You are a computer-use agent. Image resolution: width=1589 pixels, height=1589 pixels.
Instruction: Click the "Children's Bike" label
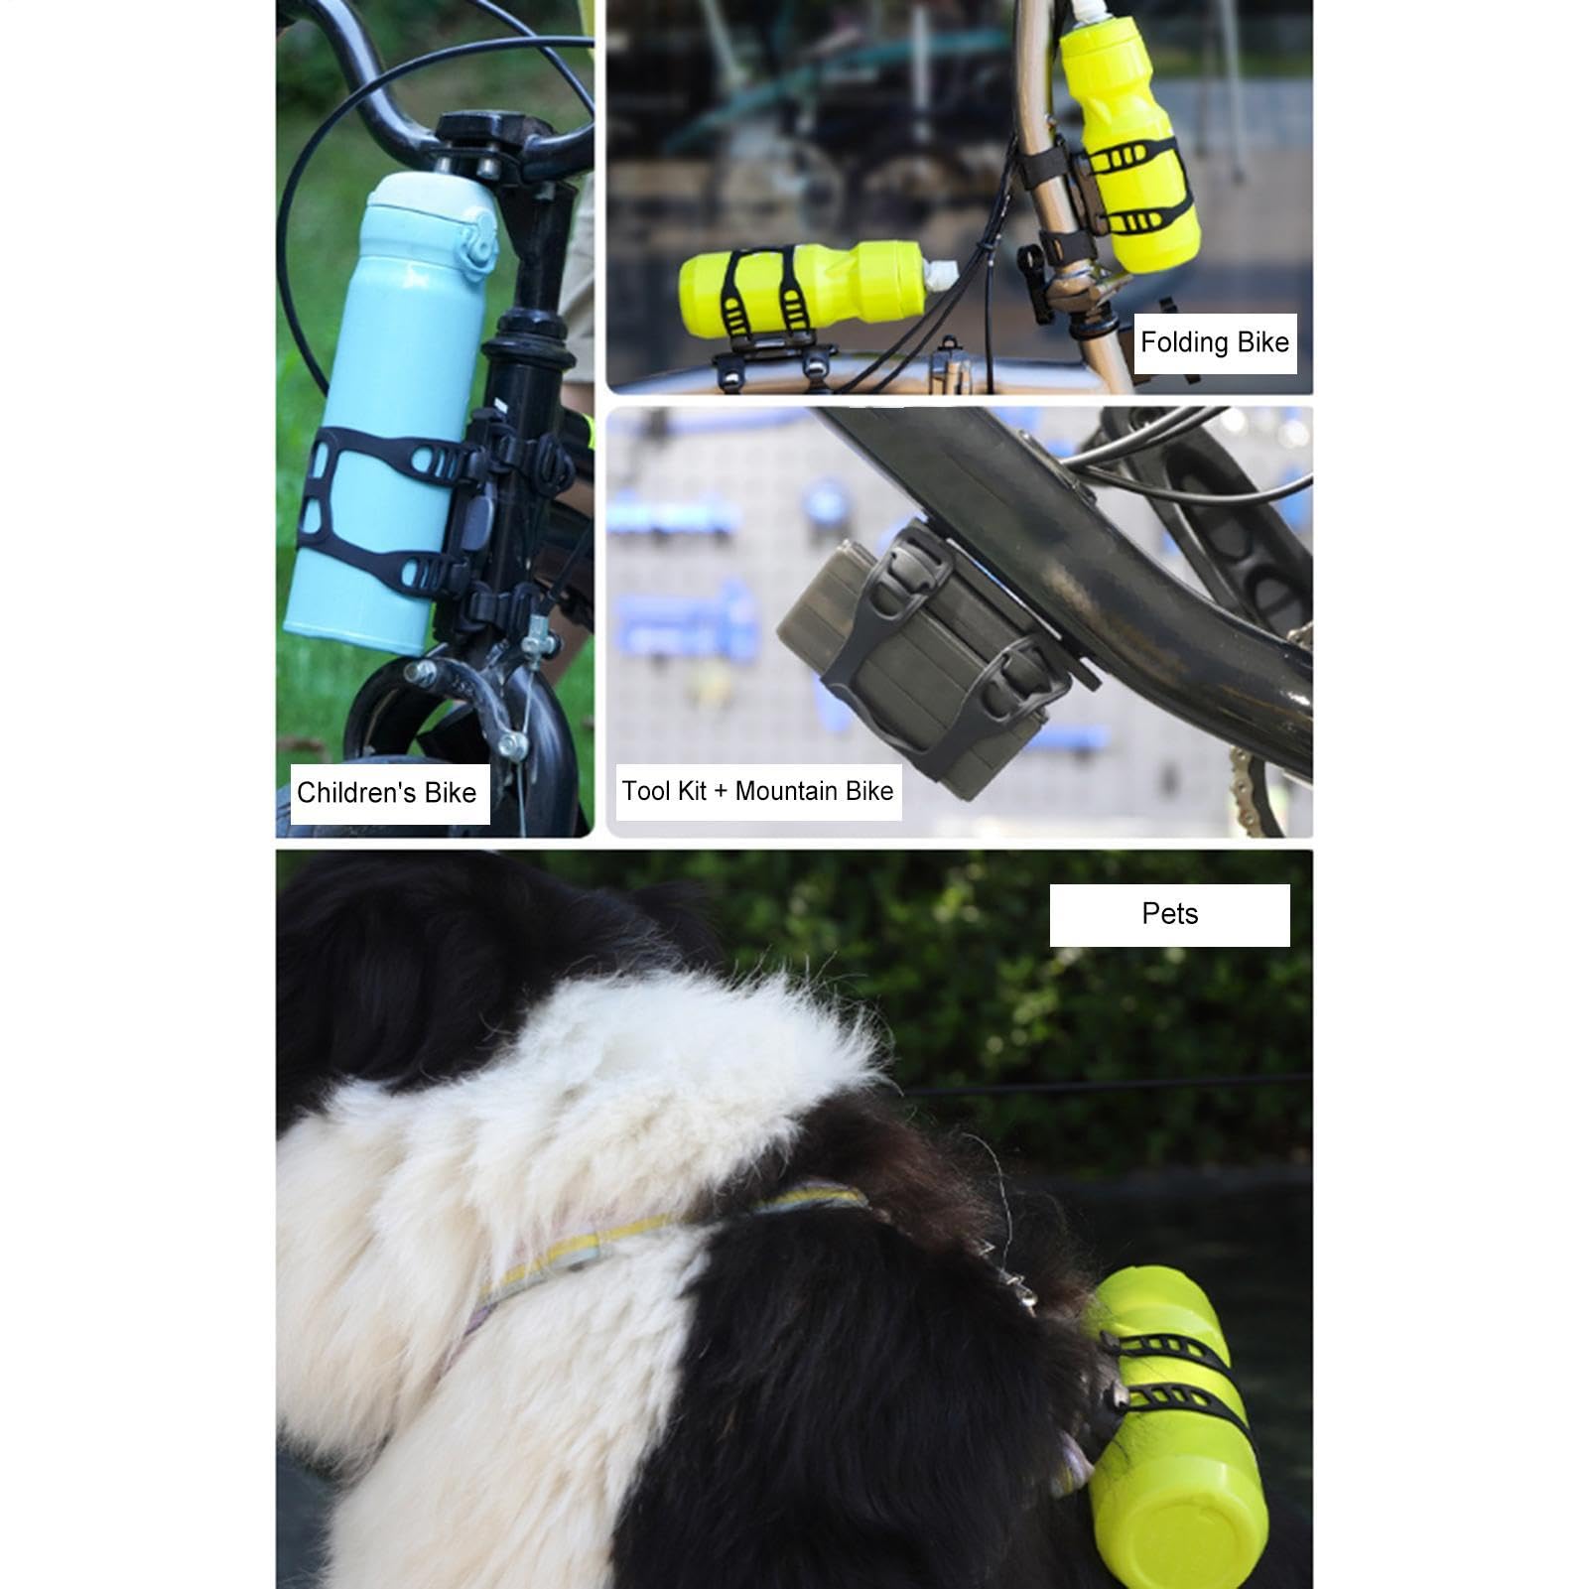coord(386,792)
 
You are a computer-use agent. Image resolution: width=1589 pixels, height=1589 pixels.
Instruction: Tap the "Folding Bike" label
coord(1215,342)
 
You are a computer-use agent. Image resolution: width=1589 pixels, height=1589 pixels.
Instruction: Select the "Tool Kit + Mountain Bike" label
coord(757,791)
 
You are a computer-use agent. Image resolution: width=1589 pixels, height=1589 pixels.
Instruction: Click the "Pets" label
coord(1170,914)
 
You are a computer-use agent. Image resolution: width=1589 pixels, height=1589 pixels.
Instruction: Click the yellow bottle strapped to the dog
coord(1171,1429)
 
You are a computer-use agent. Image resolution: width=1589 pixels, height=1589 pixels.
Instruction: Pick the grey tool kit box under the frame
coord(918,655)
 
